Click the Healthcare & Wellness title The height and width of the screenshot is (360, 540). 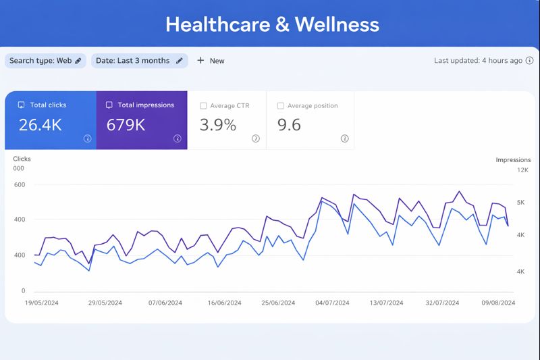[272, 25]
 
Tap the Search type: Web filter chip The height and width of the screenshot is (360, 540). [45, 61]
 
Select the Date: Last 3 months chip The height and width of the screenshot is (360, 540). [139, 61]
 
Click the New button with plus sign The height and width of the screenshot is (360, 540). [211, 61]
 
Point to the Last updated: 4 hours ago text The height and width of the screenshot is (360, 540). [478, 60]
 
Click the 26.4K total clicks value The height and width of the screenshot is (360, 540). [40, 125]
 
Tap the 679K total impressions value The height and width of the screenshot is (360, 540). [126, 125]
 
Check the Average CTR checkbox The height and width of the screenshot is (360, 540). [203, 106]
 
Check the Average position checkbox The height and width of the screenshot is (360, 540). [281, 106]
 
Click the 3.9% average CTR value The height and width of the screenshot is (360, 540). [218, 125]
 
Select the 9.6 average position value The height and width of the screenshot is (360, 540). [289, 125]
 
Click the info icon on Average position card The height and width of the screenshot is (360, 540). [344, 138]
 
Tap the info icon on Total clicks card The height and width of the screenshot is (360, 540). [87, 138]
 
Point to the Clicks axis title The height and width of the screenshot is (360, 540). [22, 159]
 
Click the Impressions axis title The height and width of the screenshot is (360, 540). [513, 160]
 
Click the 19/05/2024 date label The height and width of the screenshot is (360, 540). [42, 303]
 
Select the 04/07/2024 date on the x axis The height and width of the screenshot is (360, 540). [332, 303]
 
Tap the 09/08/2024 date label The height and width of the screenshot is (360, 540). [498, 303]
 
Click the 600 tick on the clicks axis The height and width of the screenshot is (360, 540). [19, 184]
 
